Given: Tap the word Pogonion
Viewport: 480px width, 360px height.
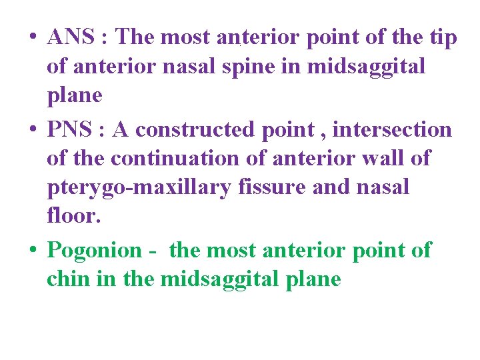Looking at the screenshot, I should tap(95, 251).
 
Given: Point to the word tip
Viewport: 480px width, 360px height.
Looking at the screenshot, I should tap(443, 37).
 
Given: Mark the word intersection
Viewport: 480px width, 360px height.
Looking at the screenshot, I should tap(392, 130).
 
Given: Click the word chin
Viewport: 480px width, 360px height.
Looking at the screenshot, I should tap(69, 279).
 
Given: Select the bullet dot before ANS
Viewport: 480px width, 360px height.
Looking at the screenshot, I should tap(32, 38).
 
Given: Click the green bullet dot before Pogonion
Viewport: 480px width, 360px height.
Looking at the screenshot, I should tap(32, 251).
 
